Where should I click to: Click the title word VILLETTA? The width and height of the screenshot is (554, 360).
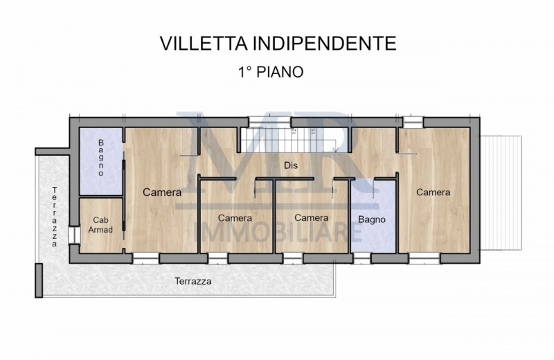204,44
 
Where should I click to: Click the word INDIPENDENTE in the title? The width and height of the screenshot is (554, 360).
324,44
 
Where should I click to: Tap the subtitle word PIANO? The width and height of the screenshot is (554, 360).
280,72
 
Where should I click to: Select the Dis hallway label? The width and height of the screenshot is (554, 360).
291,165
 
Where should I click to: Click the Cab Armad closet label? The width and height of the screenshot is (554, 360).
100,225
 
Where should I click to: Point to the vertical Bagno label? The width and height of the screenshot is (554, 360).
101,158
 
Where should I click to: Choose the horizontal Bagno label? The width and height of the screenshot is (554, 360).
372,219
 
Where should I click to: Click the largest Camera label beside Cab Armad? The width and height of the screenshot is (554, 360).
162,192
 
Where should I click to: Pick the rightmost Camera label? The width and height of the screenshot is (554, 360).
434,192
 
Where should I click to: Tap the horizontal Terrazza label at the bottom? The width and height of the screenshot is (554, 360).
193,281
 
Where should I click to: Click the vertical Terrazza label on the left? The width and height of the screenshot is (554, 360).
55,217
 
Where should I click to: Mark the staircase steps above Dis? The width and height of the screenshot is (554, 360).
289,141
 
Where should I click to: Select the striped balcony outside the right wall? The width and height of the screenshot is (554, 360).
501,192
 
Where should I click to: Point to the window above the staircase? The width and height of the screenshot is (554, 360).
270,123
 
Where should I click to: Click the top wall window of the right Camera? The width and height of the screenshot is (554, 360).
413,122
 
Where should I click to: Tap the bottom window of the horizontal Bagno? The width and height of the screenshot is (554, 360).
362,258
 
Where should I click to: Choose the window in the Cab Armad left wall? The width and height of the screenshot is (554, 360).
74,235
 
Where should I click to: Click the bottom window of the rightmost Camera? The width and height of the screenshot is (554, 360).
425,258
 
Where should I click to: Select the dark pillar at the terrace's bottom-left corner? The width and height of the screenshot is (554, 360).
39,280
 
